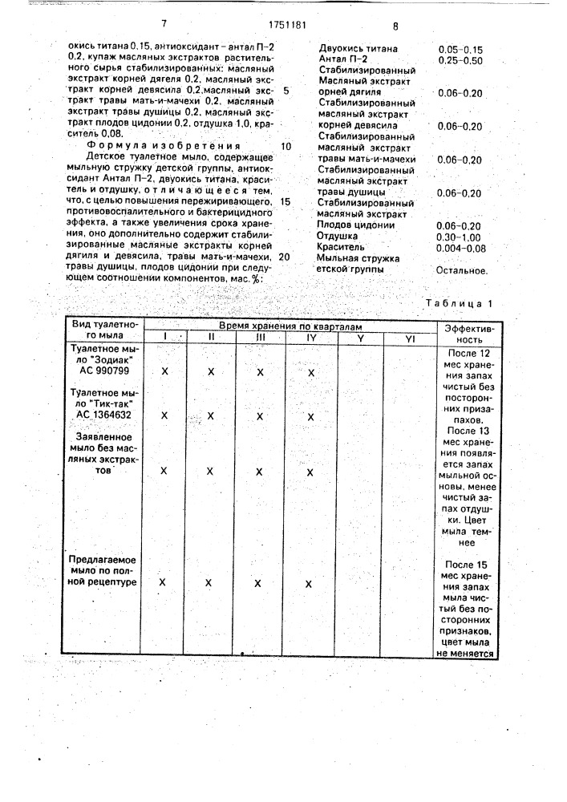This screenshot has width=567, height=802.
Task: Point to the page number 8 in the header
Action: [x=395, y=26]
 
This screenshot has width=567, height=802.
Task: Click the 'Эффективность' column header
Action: [x=464, y=334]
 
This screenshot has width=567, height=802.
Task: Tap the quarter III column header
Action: [x=259, y=338]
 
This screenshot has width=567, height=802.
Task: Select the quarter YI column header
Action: [x=409, y=338]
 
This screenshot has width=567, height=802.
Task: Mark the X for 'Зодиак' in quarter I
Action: [x=164, y=372]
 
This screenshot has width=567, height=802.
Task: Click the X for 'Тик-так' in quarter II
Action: [x=211, y=415]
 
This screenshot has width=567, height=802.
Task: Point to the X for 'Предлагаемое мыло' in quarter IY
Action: [x=309, y=584]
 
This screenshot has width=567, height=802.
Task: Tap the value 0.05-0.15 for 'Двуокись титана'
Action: [x=460, y=50]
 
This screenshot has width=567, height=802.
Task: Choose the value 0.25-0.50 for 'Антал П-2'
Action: [x=460, y=61]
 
